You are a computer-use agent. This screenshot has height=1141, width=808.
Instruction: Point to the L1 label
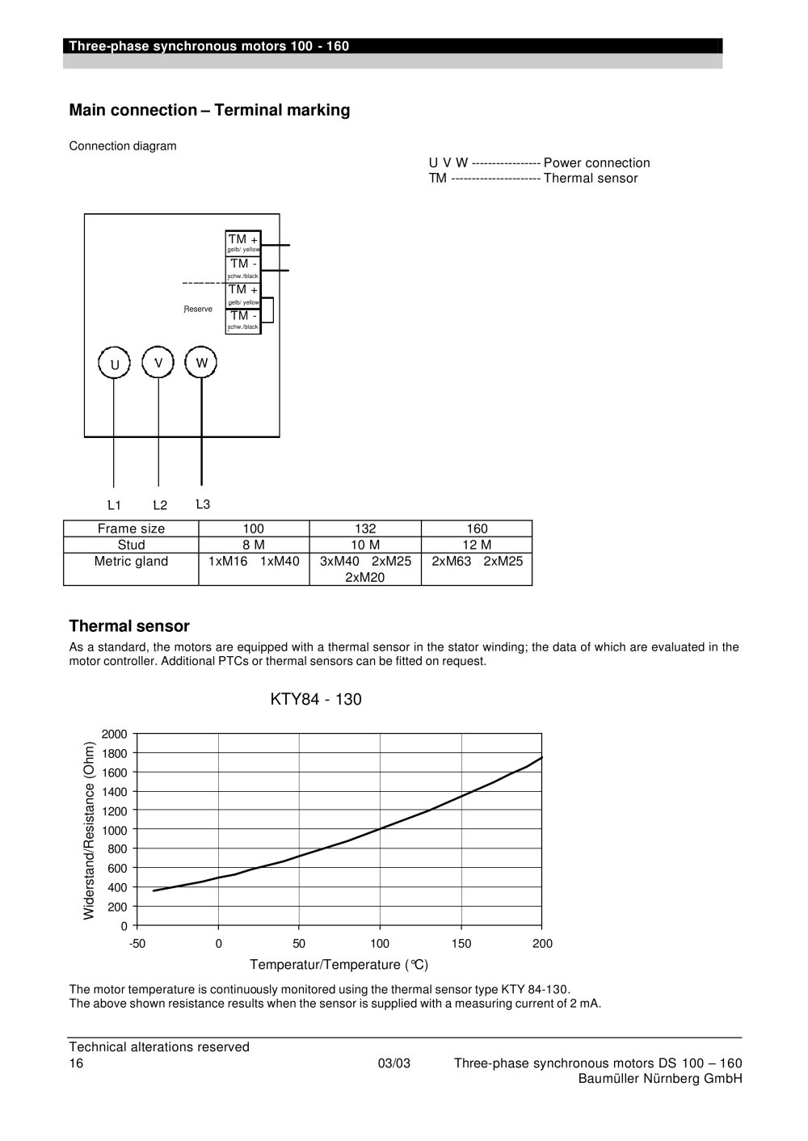pos(114,505)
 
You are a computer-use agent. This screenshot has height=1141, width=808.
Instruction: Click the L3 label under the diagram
pos(203,504)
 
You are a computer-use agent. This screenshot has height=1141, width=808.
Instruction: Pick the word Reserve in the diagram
pos(198,309)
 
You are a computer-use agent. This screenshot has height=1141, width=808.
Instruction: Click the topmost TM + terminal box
pos(243,243)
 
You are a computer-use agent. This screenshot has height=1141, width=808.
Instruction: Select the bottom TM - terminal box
pos(243,321)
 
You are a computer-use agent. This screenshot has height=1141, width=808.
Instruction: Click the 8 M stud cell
pos(254,545)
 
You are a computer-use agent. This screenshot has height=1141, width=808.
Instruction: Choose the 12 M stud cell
pos(477,545)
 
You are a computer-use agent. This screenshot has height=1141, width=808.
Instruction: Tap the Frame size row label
pos(131,528)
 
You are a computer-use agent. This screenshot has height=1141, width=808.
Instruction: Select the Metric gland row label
pos(131,561)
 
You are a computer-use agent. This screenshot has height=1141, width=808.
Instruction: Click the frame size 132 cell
pos(365,528)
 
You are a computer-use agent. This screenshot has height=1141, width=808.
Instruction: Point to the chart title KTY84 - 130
pos(316,699)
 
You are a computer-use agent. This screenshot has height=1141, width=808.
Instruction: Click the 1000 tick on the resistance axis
pos(114,830)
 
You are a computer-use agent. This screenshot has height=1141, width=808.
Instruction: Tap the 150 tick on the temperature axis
pos(461,943)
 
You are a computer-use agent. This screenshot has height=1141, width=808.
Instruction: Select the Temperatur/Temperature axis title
pos(339,964)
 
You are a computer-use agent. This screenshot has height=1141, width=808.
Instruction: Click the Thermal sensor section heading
pos(129,626)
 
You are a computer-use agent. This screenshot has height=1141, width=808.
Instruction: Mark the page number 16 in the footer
pos(76,1063)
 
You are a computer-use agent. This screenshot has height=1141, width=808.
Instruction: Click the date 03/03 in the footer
pos(393,1063)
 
